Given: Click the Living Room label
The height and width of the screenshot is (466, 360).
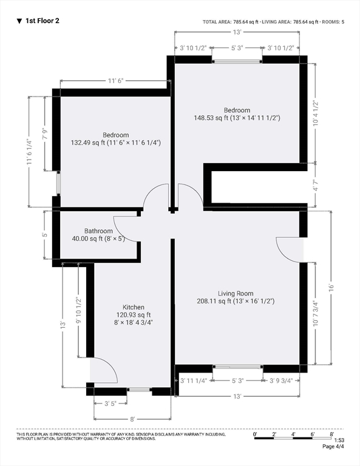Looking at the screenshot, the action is tap(236, 294).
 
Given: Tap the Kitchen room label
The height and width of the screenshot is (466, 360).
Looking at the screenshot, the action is tap(134, 307).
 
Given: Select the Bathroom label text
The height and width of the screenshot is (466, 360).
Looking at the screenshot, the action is tap(98, 231).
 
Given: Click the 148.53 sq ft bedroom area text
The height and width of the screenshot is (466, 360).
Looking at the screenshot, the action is tap(237, 118).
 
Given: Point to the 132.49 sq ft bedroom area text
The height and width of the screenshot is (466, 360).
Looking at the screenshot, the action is tap(115, 143).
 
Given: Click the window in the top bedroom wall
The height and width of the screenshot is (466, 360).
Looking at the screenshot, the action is tap(237, 61).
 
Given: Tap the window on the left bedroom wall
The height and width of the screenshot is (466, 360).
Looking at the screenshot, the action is tap(58, 183).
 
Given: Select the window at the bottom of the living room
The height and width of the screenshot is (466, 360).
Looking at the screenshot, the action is tap(238, 367).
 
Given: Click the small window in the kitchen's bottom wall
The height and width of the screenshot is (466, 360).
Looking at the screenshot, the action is tap(140, 390).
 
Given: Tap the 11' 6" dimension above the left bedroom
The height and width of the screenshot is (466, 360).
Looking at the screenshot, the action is tap(115, 81).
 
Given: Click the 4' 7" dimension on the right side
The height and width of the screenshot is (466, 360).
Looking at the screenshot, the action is tap(316, 184).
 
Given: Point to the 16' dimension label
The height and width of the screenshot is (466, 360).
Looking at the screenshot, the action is tap(331, 288).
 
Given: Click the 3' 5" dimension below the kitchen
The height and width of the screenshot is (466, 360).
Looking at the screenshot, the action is tap(110, 404).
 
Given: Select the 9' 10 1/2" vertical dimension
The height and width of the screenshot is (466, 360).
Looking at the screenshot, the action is tap(78, 310).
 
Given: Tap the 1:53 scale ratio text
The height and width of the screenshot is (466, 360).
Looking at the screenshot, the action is tap(339, 440).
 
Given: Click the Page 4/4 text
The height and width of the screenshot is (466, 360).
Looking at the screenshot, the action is tap(333, 447).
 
